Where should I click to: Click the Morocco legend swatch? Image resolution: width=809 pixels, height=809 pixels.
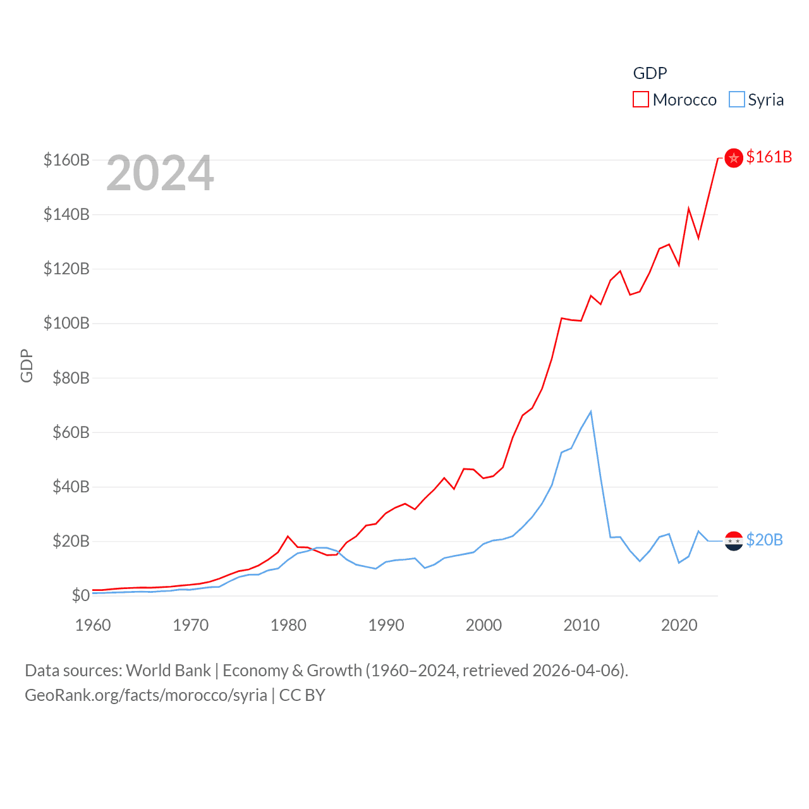[641, 100]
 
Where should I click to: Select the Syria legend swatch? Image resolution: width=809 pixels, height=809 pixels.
[736, 100]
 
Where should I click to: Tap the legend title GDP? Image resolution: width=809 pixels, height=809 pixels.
[650, 73]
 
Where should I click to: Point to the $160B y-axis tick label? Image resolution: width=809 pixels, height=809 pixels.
[66, 160]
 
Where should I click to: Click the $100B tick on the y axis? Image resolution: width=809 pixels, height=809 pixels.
[66, 324]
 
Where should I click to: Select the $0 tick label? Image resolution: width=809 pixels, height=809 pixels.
[81, 595]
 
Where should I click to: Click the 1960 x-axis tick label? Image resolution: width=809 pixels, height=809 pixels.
[93, 625]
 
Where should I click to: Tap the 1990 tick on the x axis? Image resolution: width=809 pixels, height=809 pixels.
[386, 625]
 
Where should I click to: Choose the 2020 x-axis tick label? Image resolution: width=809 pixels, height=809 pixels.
[679, 625]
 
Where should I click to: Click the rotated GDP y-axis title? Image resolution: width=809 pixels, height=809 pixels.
[27, 365]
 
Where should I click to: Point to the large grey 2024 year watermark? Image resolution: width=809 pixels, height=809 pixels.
[160, 173]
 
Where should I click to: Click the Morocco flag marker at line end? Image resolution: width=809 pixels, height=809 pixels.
[734, 158]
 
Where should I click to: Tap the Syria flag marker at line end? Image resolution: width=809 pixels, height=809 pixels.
[734, 541]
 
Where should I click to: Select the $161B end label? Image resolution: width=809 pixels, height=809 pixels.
[769, 157]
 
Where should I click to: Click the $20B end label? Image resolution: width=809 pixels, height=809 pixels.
[764, 540]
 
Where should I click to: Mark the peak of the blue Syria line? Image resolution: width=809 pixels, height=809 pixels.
[591, 412]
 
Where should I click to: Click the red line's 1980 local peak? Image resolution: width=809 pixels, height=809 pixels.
[288, 537]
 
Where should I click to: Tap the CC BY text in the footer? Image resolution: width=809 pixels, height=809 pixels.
[302, 695]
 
